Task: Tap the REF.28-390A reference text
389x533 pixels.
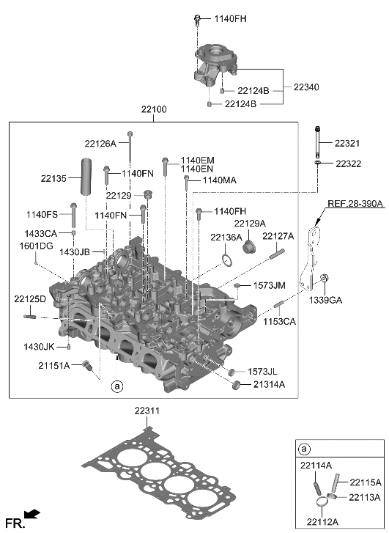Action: pos(355,205)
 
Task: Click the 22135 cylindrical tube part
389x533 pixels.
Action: pos(87,176)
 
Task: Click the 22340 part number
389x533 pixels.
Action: pos(305,87)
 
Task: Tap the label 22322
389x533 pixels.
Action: pos(349,163)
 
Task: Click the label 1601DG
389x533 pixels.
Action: pos(36,246)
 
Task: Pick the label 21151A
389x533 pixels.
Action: pos(55,365)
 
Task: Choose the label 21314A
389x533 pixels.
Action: pos(269,384)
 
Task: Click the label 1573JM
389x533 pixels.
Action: pos(269,285)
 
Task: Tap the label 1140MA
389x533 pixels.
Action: pos(219,180)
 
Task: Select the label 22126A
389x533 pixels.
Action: pos(100,144)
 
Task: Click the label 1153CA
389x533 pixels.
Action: pos(280,321)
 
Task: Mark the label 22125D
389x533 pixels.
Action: pos(29,299)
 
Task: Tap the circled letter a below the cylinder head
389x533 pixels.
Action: pos(115,385)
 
